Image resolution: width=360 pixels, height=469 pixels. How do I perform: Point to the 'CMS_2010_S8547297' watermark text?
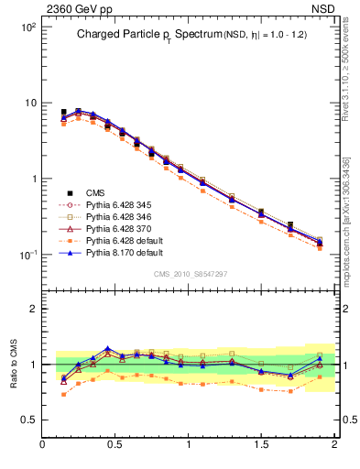(x=189, y=274)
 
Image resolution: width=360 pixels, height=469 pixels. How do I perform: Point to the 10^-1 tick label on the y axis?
(x=27, y=255)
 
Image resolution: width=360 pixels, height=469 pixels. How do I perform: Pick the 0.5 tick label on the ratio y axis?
(x=27, y=420)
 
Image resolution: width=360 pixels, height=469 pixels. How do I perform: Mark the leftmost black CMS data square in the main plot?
(x=63, y=112)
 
